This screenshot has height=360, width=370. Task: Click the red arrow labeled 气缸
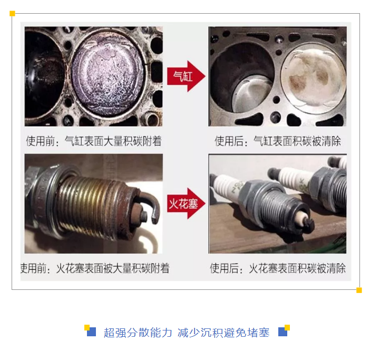(186, 76)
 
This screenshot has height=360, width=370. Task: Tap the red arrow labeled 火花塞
(186, 203)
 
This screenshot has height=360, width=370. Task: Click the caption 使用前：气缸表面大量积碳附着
(94, 141)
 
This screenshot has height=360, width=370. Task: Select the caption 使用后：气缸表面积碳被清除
(278, 141)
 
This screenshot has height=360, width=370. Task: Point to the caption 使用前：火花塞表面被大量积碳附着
(95, 268)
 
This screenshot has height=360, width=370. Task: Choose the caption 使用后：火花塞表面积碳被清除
(278, 268)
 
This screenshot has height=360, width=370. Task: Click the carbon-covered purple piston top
(108, 76)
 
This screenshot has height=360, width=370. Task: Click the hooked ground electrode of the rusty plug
(152, 205)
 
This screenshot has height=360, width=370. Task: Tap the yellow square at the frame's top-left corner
(12, 14)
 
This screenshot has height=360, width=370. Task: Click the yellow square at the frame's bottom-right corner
(359, 290)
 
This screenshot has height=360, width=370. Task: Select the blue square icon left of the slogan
(91, 332)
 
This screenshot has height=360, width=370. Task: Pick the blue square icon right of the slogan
(283, 332)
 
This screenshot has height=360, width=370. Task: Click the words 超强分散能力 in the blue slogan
(138, 333)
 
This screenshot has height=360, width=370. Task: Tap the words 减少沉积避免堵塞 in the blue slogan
(223, 333)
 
